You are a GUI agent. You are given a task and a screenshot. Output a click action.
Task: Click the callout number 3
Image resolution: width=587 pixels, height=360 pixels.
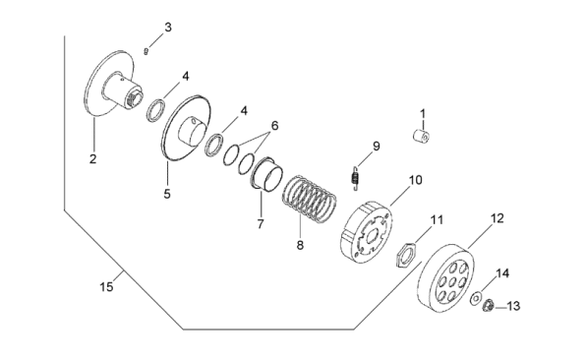click(x=168, y=28)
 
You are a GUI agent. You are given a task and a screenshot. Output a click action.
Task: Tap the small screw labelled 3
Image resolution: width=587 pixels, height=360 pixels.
click(x=146, y=51)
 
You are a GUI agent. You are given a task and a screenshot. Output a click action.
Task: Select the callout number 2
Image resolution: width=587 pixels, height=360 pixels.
click(x=92, y=158)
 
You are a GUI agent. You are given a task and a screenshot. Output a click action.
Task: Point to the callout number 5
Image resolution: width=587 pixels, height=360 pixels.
click(x=167, y=194)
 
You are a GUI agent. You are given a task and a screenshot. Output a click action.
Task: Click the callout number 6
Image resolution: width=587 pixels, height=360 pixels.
click(x=274, y=126)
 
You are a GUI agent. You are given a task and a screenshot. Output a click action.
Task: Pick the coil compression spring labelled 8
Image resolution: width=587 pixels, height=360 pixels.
click(x=309, y=200)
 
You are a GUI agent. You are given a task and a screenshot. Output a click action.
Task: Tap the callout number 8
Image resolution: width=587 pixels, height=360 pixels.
click(x=300, y=246)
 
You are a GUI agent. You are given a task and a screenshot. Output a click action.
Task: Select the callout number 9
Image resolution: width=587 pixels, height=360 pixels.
click(x=377, y=147)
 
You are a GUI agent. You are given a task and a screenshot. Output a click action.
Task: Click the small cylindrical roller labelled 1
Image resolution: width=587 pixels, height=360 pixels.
click(x=422, y=136)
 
